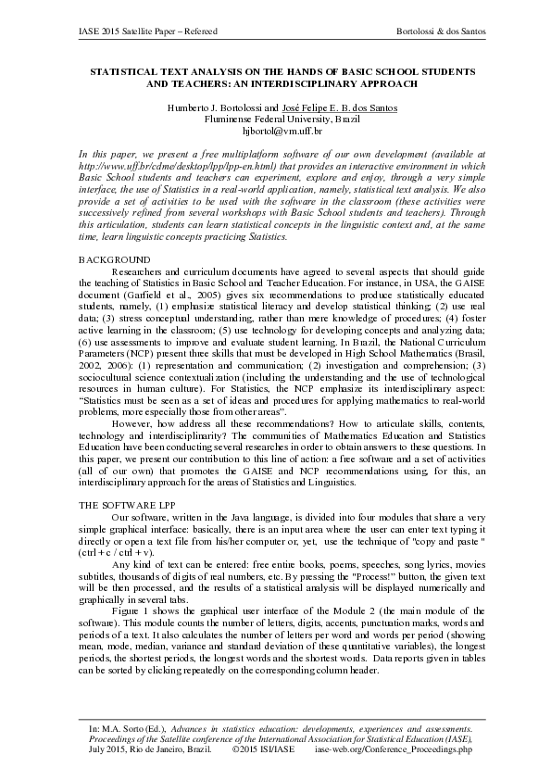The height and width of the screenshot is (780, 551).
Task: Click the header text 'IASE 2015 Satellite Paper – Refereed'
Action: pos(148,31)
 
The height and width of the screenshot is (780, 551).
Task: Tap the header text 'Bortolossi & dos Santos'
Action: pos(439,31)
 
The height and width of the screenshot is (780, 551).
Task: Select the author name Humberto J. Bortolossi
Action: pos(212,107)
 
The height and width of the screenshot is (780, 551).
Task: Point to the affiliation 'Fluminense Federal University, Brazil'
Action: pos(282,120)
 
